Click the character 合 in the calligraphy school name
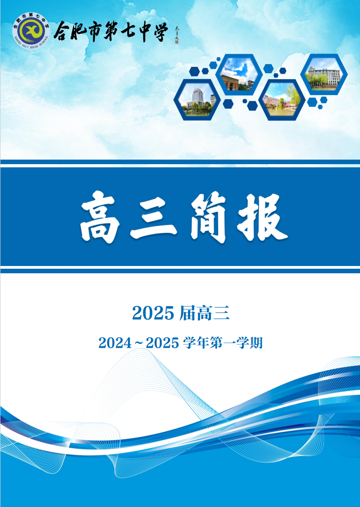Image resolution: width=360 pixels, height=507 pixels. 63,32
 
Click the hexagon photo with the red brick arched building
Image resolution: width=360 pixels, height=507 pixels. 239,74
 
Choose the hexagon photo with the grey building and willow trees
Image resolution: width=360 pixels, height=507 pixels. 324,74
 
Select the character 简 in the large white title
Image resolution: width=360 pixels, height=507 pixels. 209,217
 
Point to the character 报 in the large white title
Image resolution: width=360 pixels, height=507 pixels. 263,217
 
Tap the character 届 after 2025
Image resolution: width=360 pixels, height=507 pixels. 187,313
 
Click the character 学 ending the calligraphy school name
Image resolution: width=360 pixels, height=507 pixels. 159,31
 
